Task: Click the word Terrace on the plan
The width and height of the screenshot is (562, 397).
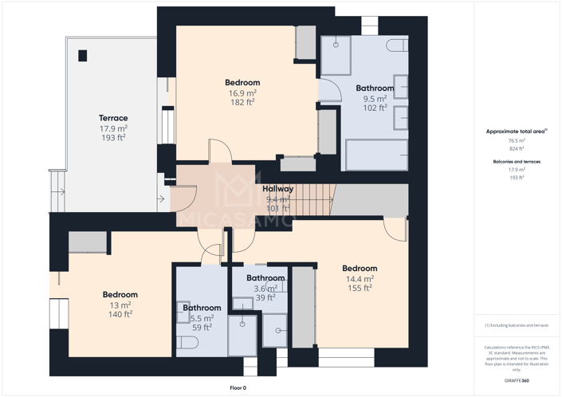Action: pyautogui.click(x=113, y=118)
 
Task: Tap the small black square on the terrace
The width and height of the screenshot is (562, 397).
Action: pyautogui.click(x=82, y=56)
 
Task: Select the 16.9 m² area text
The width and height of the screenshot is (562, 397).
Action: pyautogui.click(x=242, y=92)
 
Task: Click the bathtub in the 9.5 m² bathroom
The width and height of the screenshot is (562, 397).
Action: pyautogui.click(x=375, y=154)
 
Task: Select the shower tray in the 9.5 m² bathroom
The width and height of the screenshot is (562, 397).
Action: pyautogui.click(x=336, y=54)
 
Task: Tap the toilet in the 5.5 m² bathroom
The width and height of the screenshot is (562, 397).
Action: pyautogui.click(x=188, y=343)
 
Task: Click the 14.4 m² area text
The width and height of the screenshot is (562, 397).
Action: pyautogui.click(x=360, y=279)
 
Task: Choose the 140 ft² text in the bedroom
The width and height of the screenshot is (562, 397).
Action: pyautogui.click(x=120, y=314)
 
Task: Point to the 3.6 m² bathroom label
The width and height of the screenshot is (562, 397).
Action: pyautogui.click(x=265, y=278)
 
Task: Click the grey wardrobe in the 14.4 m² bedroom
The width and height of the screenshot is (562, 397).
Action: pyautogui.click(x=303, y=307)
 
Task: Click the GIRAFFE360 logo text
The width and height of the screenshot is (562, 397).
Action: pyautogui.click(x=517, y=381)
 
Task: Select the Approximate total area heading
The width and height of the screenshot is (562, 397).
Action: pyautogui.click(x=516, y=131)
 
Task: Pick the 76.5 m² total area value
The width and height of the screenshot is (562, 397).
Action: pyautogui.click(x=517, y=140)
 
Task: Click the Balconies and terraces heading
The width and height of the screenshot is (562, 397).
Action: pyautogui.click(x=517, y=161)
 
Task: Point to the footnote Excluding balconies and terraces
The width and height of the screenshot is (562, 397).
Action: pyautogui.click(x=517, y=325)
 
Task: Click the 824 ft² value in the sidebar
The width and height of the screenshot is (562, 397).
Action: pyautogui.click(x=517, y=148)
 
